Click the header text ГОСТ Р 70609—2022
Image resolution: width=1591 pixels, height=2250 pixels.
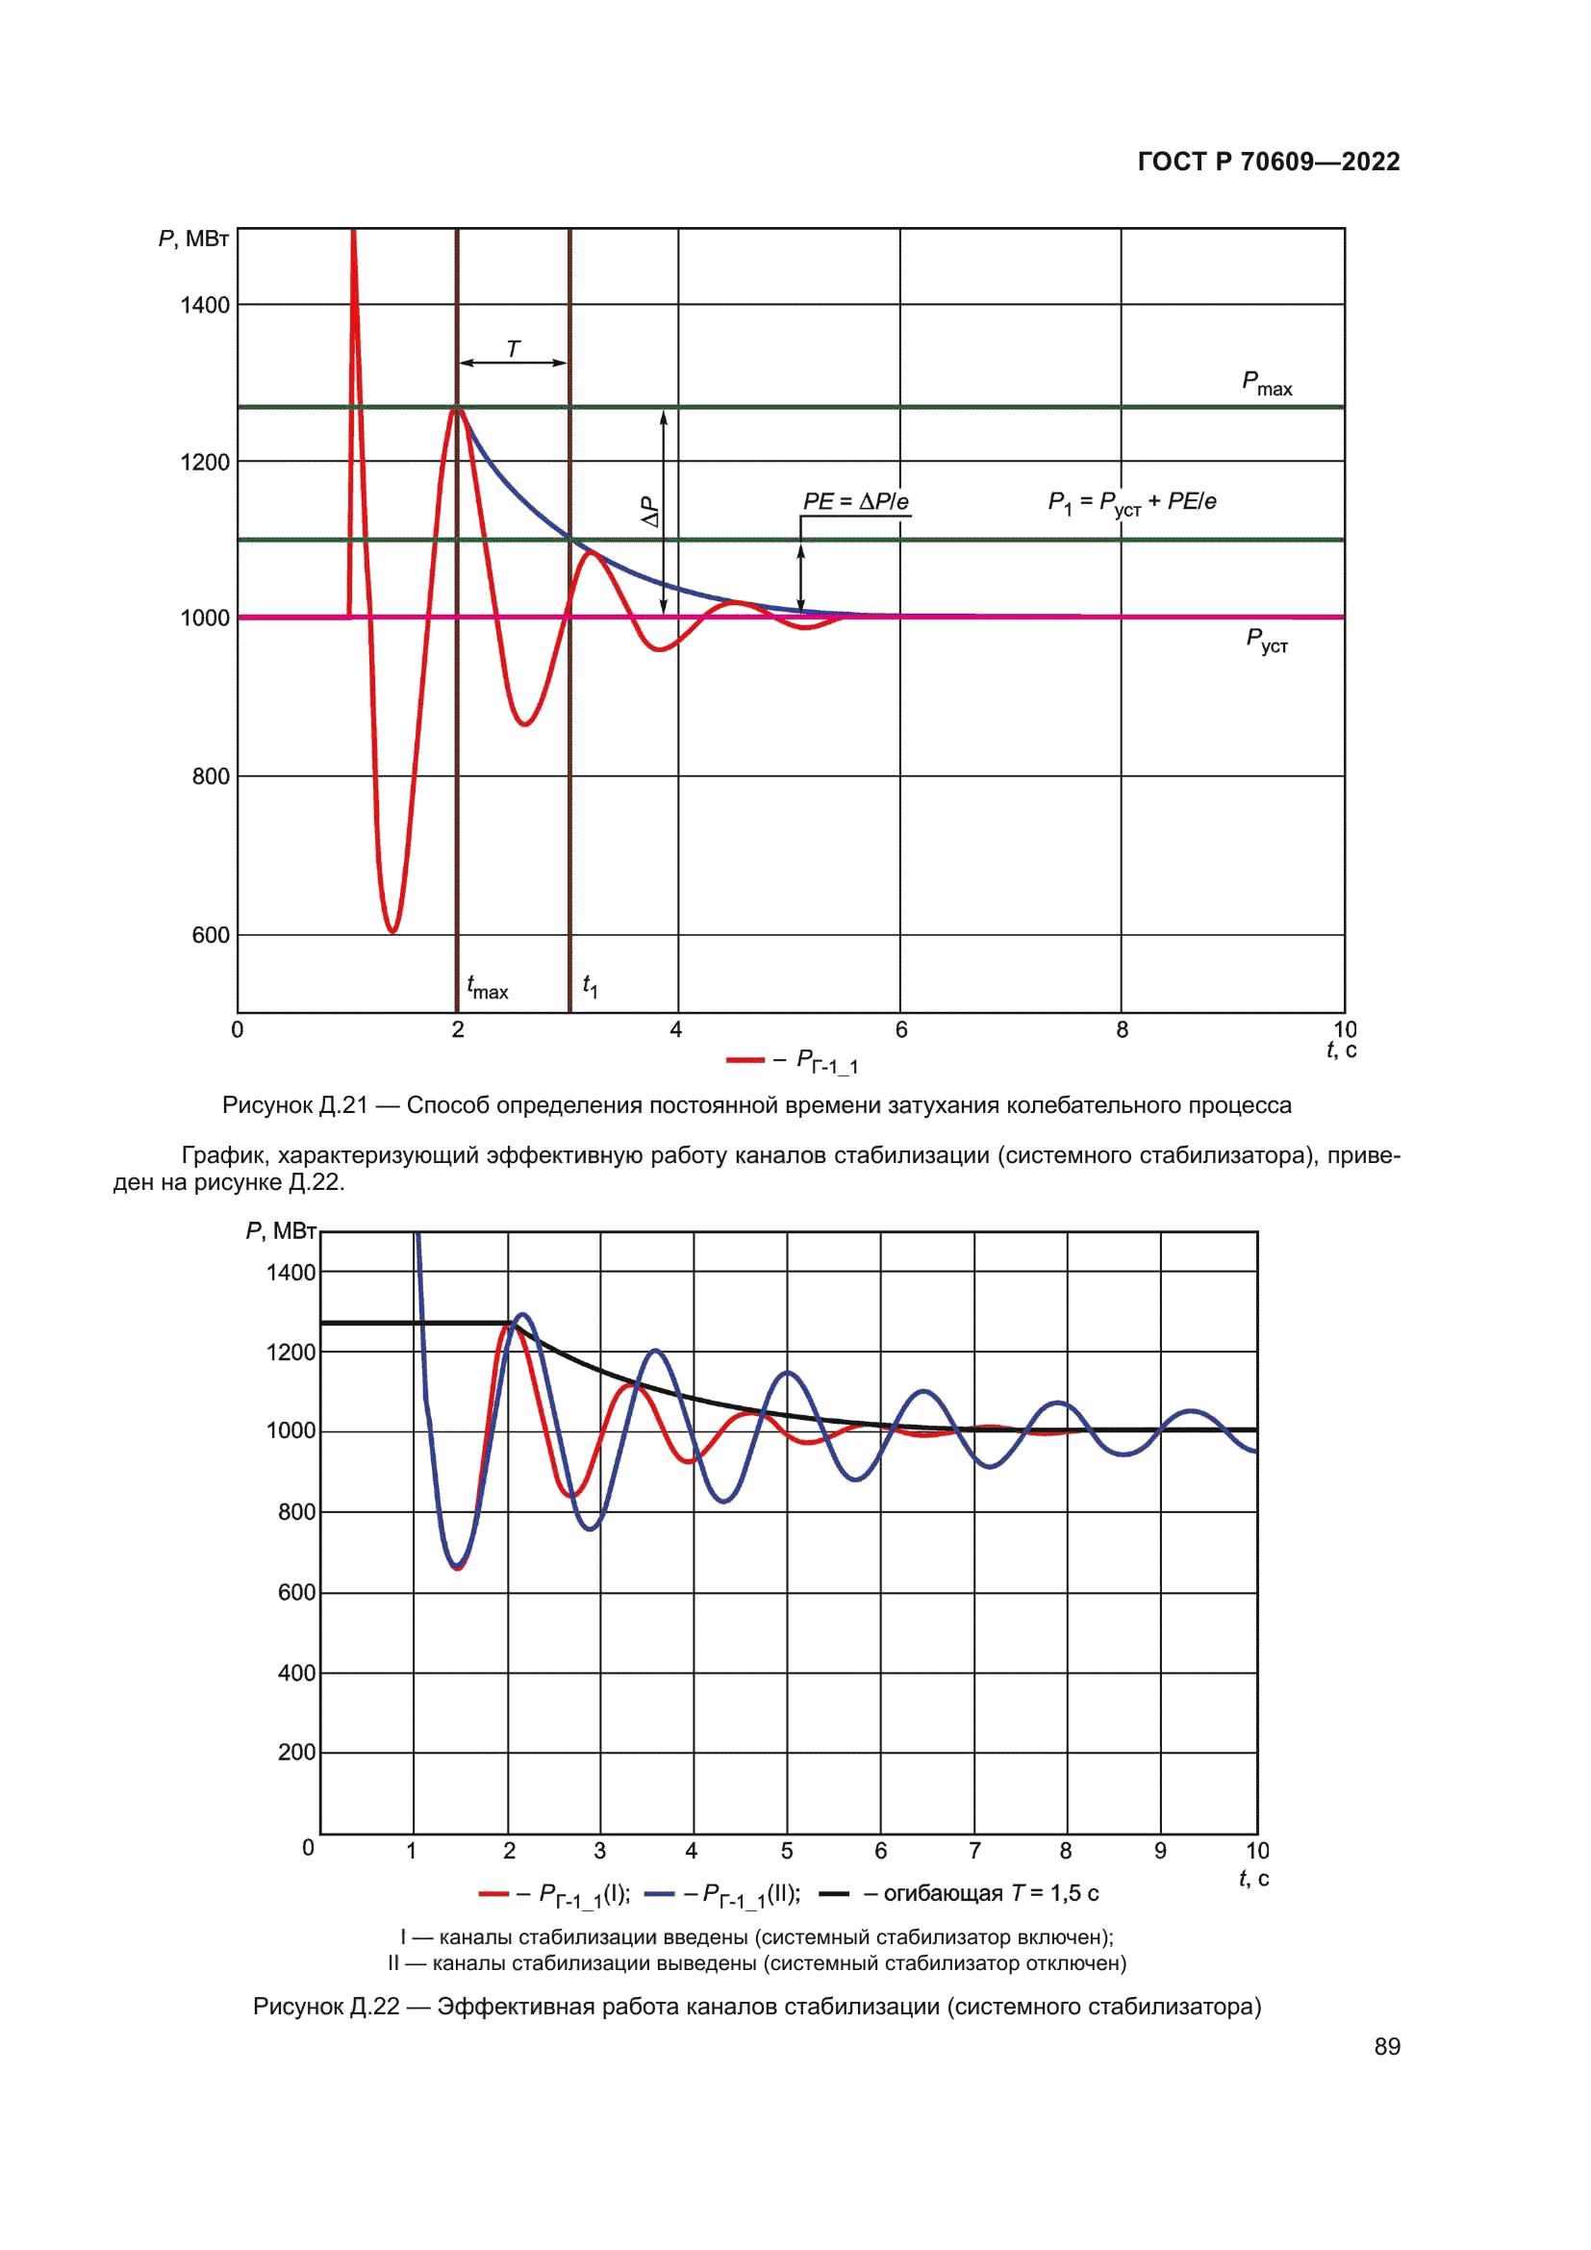point(1268,162)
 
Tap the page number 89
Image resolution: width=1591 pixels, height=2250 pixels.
point(1386,2047)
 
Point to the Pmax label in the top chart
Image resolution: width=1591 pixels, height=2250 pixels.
point(1266,383)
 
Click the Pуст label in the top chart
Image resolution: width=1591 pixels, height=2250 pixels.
point(1266,641)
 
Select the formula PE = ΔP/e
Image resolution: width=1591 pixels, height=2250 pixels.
point(855,502)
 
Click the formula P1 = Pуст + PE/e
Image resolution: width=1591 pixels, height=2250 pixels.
point(1131,503)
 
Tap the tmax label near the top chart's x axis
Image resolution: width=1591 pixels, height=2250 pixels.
point(487,987)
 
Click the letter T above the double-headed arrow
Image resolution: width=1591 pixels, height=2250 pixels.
point(514,349)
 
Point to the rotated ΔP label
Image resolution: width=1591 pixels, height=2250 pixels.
point(649,511)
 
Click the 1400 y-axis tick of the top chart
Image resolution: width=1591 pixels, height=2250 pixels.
point(205,306)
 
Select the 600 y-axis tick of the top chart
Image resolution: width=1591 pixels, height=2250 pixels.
point(211,936)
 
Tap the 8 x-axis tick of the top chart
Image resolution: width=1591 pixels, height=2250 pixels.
point(1122,1030)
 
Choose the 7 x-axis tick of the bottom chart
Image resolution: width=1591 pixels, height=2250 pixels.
point(973,1851)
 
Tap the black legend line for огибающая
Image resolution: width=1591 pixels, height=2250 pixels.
point(833,1894)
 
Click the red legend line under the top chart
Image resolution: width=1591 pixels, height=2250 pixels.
point(745,1060)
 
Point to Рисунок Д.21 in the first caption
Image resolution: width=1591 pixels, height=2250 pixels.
point(295,1105)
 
